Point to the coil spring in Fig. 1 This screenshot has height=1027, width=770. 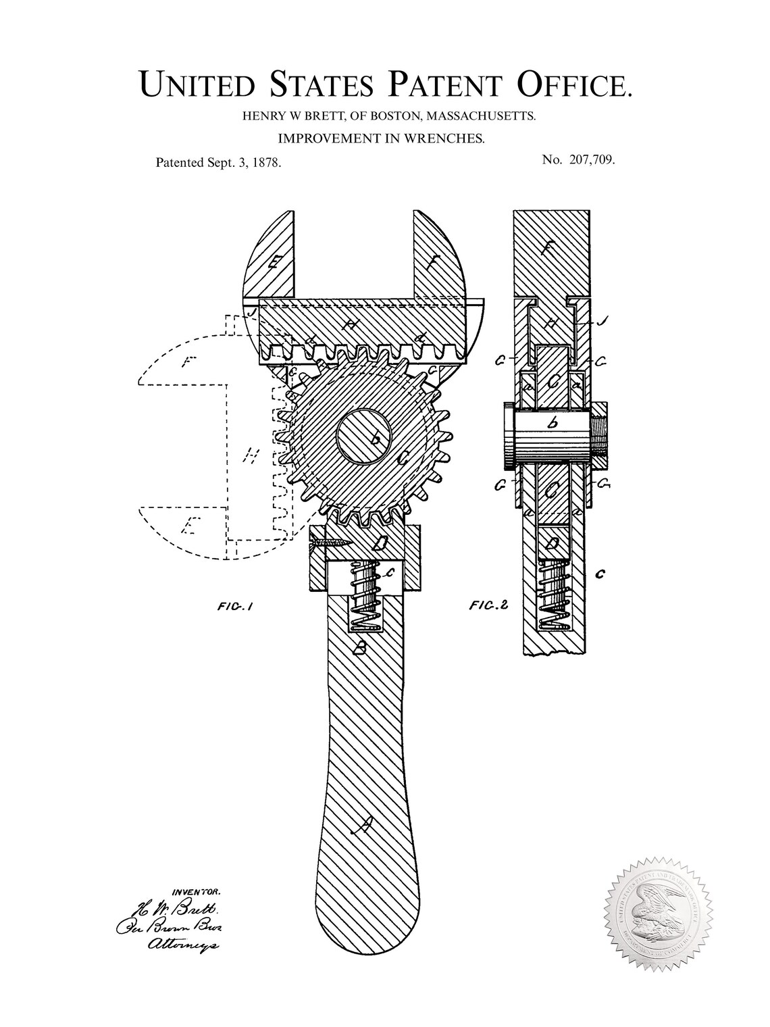pos(366,595)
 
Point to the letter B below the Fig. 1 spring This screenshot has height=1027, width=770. pos(361,648)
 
